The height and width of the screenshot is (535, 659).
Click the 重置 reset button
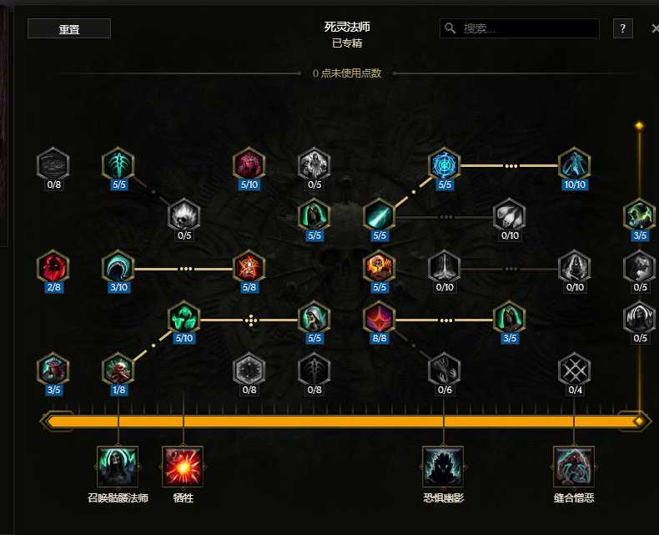(69, 28)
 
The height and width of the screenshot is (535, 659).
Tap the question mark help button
(623, 28)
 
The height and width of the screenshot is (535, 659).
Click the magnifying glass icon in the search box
(450, 28)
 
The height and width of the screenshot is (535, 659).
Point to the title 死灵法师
(347, 27)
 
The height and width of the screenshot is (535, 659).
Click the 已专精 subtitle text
(347, 43)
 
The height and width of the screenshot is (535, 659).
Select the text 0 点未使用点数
(347, 73)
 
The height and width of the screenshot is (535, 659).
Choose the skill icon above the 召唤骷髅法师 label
(118, 467)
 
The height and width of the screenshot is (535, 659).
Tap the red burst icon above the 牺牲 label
(183, 467)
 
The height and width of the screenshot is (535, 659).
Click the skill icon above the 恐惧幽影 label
(444, 467)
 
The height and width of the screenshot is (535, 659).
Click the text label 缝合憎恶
(574, 498)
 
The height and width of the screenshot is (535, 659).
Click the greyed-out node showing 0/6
(445, 370)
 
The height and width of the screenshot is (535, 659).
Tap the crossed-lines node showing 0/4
(574, 370)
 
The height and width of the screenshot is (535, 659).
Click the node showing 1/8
(118, 370)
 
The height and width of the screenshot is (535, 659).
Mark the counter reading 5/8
(249, 287)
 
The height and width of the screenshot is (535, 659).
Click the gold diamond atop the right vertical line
(639, 126)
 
